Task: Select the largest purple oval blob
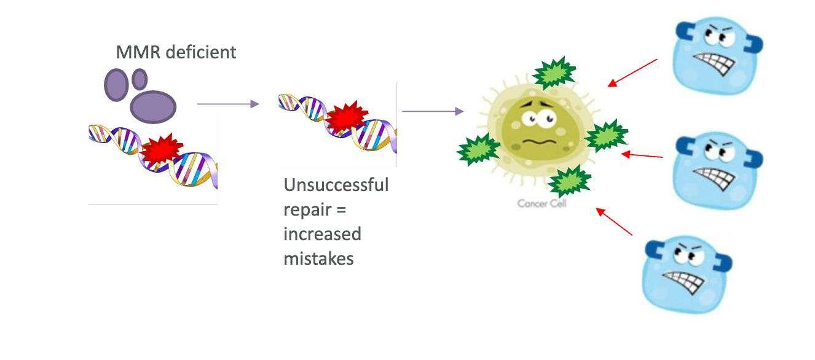[x=153, y=106]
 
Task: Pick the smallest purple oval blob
[x=140, y=79]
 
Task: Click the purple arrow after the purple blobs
[x=228, y=104]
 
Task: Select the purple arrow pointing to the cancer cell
[x=432, y=111]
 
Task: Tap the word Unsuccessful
[x=336, y=185]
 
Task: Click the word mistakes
[x=318, y=259]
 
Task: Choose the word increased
[x=322, y=234]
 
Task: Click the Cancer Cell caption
[x=541, y=203]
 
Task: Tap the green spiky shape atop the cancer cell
[x=554, y=74]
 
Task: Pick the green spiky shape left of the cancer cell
[x=478, y=149]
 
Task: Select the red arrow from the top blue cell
[x=632, y=72]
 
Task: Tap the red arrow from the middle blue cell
[x=642, y=155]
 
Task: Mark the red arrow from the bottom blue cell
[x=614, y=222]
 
